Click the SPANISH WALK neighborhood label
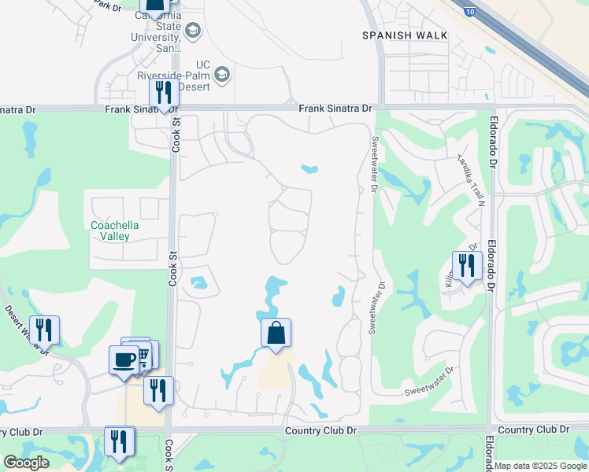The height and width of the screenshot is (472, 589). click(405, 35)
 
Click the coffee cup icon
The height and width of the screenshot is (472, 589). click(124, 360)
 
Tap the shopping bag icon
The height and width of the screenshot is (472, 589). click(276, 333)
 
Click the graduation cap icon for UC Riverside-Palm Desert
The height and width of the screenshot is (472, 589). click(222, 75)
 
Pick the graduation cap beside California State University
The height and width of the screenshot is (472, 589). click(193, 31)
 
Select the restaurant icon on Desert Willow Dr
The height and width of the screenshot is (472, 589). click(44, 330)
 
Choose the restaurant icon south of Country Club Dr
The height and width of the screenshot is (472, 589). click(119, 441)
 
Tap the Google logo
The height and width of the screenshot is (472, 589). click(26, 463)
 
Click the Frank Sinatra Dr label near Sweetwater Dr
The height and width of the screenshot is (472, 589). click(335, 108)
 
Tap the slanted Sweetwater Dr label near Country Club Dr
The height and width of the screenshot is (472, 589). click(430, 381)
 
